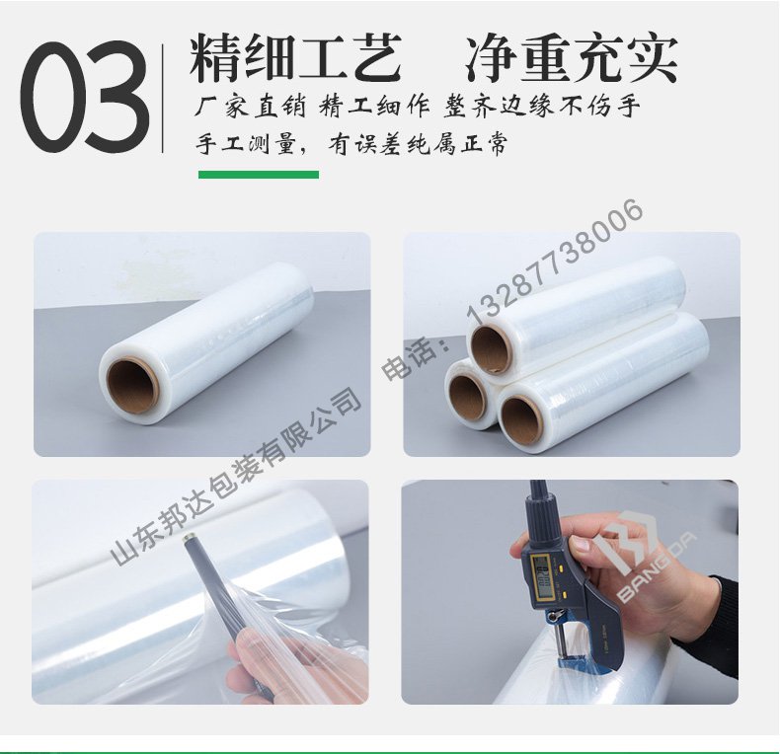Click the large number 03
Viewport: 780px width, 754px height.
click(x=85, y=97)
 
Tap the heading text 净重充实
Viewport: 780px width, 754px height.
click(x=572, y=57)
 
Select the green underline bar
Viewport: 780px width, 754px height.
click(x=259, y=175)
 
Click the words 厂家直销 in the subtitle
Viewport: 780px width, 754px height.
click(x=250, y=106)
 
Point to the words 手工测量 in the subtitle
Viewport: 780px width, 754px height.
click(x=246, y=144)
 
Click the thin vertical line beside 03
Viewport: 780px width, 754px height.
click(x=163, y=98)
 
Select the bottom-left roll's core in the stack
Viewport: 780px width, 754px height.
click(x=468, y=398)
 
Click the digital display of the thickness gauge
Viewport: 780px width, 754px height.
click(x=542, y=572)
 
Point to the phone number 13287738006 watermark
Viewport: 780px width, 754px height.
click(x=554, y=264)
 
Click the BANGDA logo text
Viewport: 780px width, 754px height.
click(x=657, y=567)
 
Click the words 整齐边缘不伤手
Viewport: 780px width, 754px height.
click(x=542, y=106)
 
